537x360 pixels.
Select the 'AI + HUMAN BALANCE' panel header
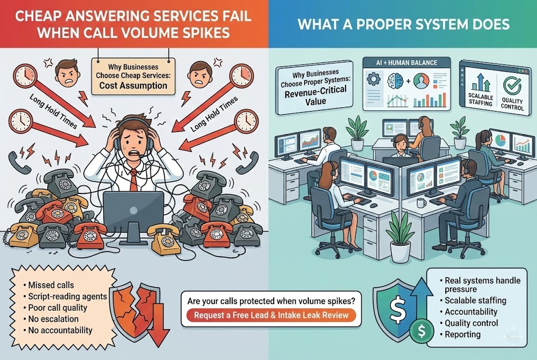click(x=406, y=63)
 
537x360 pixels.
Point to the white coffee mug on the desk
click(x=421, y=203)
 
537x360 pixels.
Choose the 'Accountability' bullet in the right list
click(x=471, y=312)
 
